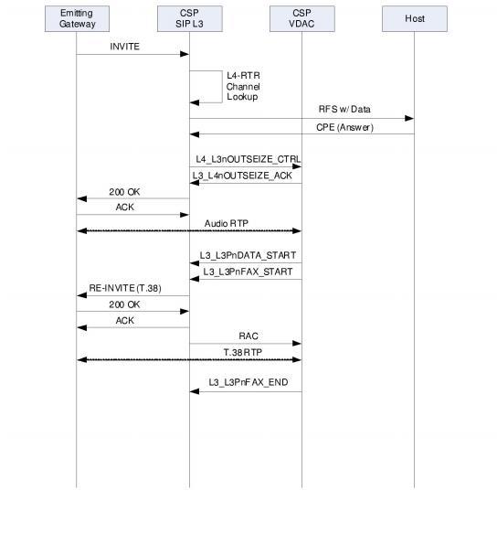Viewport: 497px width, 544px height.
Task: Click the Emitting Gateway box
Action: [x=77, y=19]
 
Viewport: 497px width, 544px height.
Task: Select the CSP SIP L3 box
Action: [x=189, y=19]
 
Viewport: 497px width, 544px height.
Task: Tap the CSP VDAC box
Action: [x=301, y=19]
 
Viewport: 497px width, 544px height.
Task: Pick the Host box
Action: [x=414, y=19]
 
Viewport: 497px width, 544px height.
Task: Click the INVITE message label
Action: [x=125, y=46]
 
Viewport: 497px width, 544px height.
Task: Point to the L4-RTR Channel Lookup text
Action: [x=243, y=86]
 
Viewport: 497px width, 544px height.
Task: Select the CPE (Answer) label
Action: [x=345, y=127]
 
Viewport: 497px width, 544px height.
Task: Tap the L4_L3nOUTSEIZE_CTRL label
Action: [x=248, y=159]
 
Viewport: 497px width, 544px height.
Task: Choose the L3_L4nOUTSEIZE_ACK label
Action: [x=242, y=176]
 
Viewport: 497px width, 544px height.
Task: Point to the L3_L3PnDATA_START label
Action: [x=248, y=255]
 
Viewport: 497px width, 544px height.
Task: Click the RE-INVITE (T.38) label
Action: [x=125, y=288]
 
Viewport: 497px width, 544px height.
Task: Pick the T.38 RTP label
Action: [x=242, y=351]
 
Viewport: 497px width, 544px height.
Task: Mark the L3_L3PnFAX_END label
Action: [x=248, y=382]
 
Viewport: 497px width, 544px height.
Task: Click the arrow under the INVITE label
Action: [x=132, y=54]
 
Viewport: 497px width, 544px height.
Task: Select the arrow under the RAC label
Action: [x=245, y=344]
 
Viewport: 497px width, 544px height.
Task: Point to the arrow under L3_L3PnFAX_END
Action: [x=245, y=391]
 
